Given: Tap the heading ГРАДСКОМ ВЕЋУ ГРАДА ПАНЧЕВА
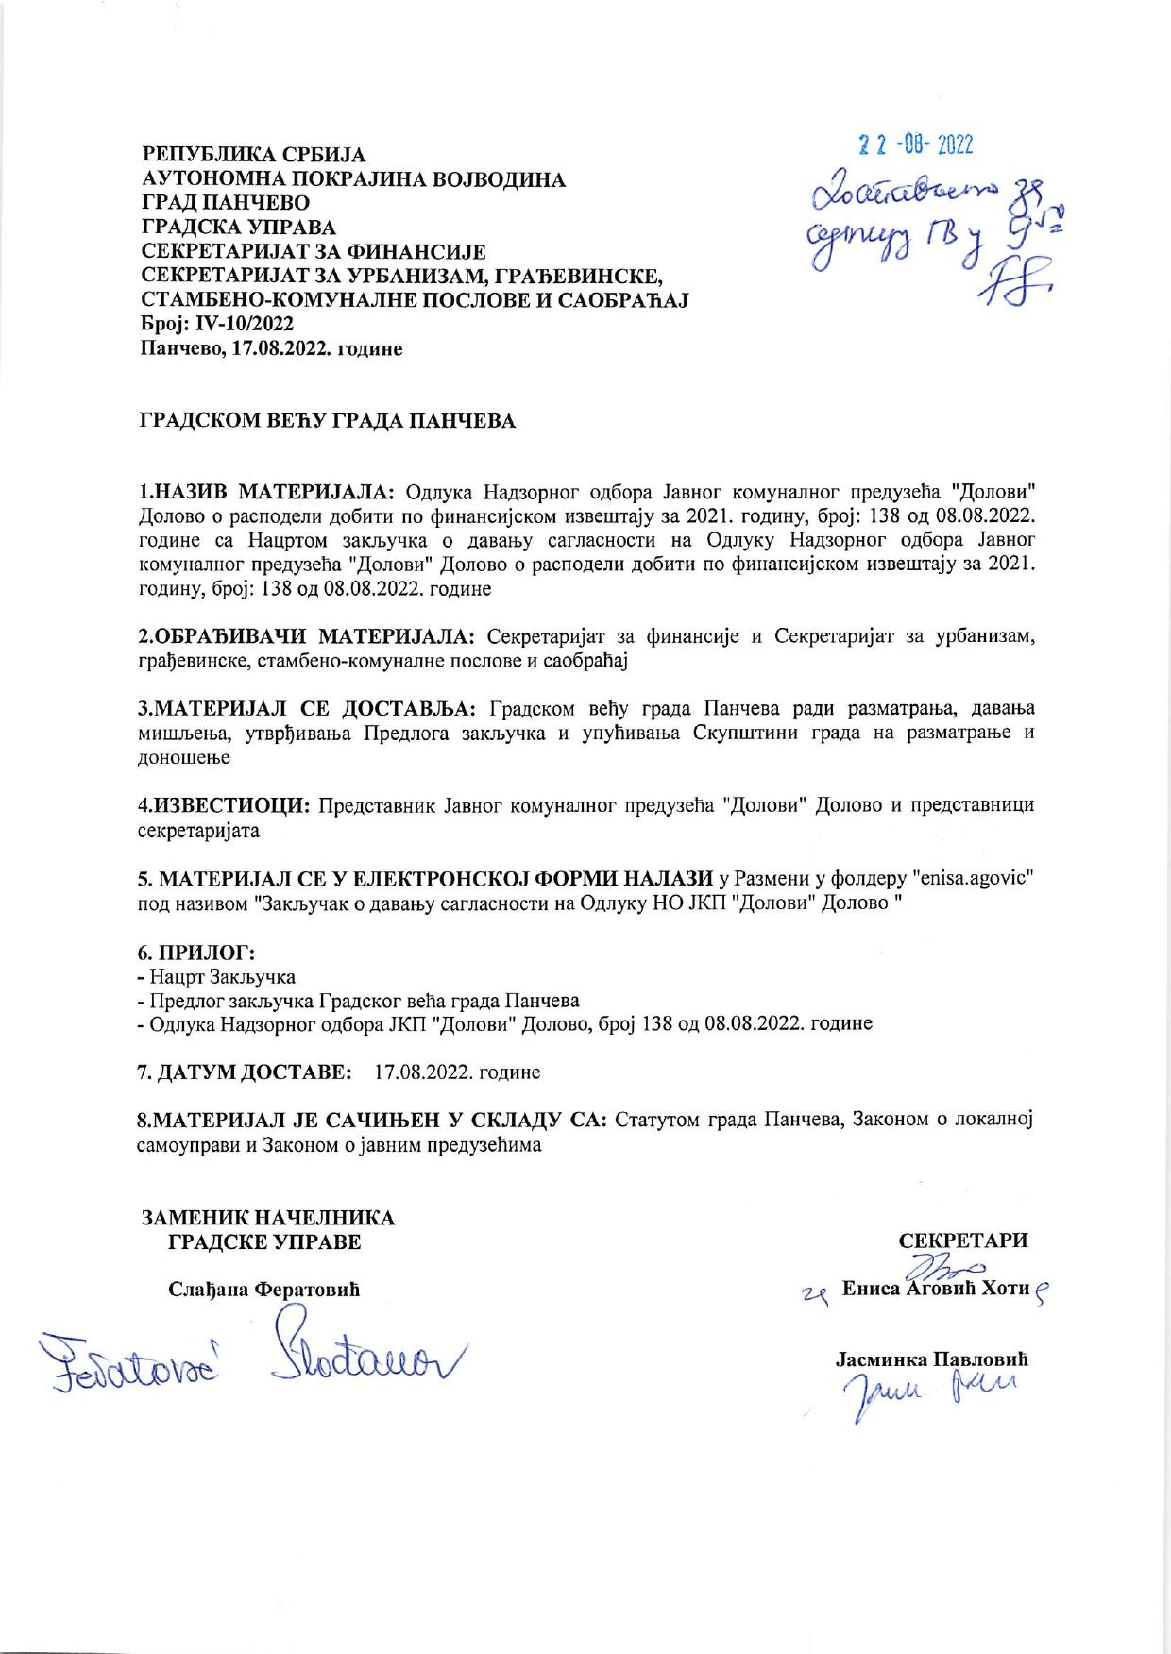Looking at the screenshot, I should pyautogui.click(x=329, y=422).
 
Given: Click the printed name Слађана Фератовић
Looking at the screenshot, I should pyautogui.click(x=264, y=1290).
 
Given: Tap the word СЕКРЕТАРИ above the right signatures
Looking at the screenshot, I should pyautogui.click(x=963, y=1240).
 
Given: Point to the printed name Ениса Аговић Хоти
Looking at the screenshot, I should pyautogui.click(x=934, y=1288).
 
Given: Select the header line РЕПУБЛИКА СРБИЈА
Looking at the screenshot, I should pyautogui.click(x=253, y=154).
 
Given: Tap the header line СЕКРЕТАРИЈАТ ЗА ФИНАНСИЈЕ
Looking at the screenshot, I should pyautogui.click(x=313, y=251).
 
